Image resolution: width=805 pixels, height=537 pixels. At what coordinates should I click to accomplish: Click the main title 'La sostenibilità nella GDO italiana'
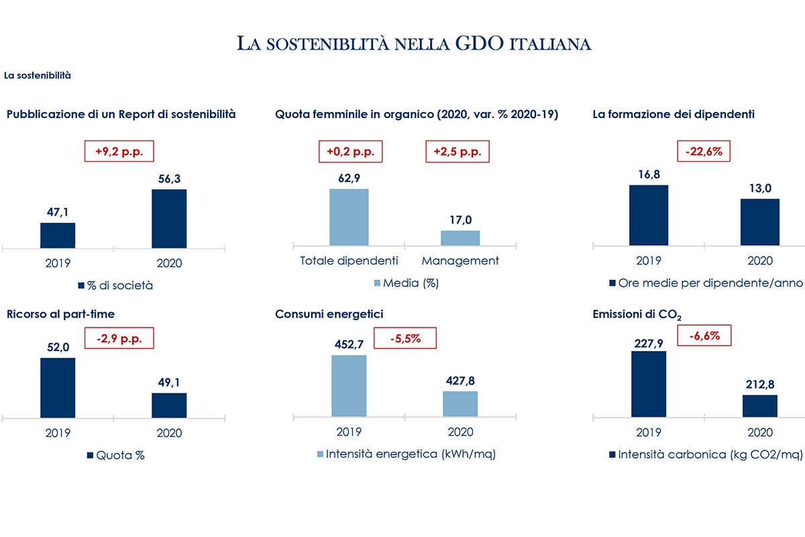tap(414, 44)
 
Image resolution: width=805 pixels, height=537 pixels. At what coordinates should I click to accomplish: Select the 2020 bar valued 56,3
tap(169, 218)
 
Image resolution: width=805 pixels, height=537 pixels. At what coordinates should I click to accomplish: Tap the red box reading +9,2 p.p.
tap(119, 151)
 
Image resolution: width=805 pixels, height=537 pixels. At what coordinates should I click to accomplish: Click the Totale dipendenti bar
tap(349, 217)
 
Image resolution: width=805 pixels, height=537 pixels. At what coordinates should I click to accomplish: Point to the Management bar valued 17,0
tap(460, 238)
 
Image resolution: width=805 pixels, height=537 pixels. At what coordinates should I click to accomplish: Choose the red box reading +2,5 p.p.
tap(458, 151)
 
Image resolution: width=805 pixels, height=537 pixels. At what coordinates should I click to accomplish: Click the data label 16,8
tap(648, 175)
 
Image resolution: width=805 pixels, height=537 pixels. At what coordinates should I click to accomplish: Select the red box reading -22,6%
tap(704, 151)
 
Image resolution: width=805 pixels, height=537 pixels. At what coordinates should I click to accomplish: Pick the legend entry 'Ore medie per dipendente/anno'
tap(705, 283)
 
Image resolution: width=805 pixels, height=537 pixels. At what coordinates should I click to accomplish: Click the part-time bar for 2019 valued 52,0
tap(58, 387)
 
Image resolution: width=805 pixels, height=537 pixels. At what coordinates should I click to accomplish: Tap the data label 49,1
tap(169, 382)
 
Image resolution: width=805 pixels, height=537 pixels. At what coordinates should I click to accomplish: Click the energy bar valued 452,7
tap(349, 386)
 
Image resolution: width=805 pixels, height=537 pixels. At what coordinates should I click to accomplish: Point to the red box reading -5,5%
tap(405, 338)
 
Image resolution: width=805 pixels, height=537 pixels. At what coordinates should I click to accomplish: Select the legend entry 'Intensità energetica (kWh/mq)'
tap(405, 454)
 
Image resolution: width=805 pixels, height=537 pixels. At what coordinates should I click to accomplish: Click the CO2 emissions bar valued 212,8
tap(760, 405)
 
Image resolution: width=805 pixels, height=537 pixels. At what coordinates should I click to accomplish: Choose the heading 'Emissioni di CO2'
tap(629, 314)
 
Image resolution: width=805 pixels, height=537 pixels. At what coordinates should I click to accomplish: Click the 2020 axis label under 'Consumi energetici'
tap(460, 432)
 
